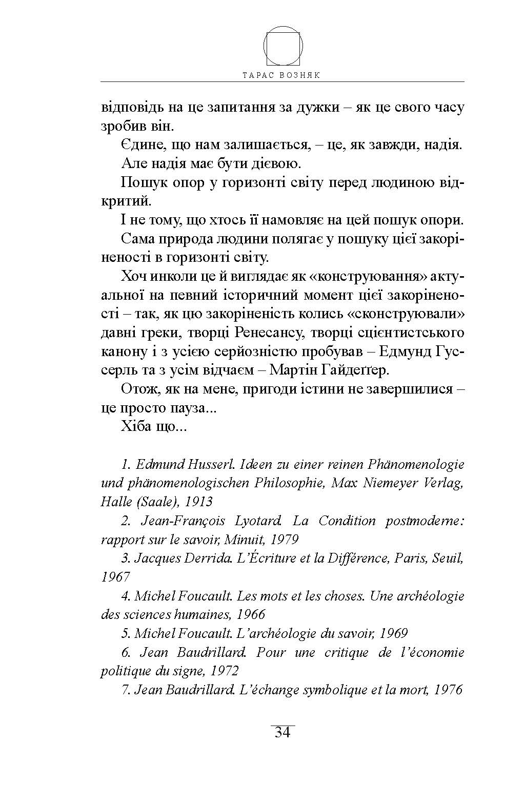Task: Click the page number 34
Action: coord(282,733)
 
